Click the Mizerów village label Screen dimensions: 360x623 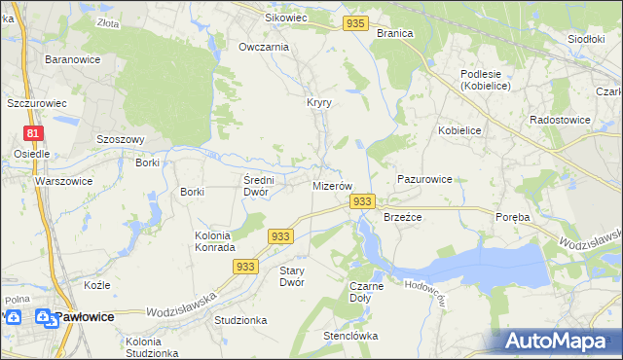(332, 185)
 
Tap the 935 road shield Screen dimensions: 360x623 (356, 22)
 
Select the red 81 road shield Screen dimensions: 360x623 (34, 133)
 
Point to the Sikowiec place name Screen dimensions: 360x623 (286, 18)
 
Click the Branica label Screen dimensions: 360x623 (394, 33)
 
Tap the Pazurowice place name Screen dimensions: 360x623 (425, 180)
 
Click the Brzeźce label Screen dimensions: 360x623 (402, 217)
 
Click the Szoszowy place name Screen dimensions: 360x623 (121, 139)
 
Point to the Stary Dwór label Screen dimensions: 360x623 (292, 276)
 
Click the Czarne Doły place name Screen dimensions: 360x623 (367, 292)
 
